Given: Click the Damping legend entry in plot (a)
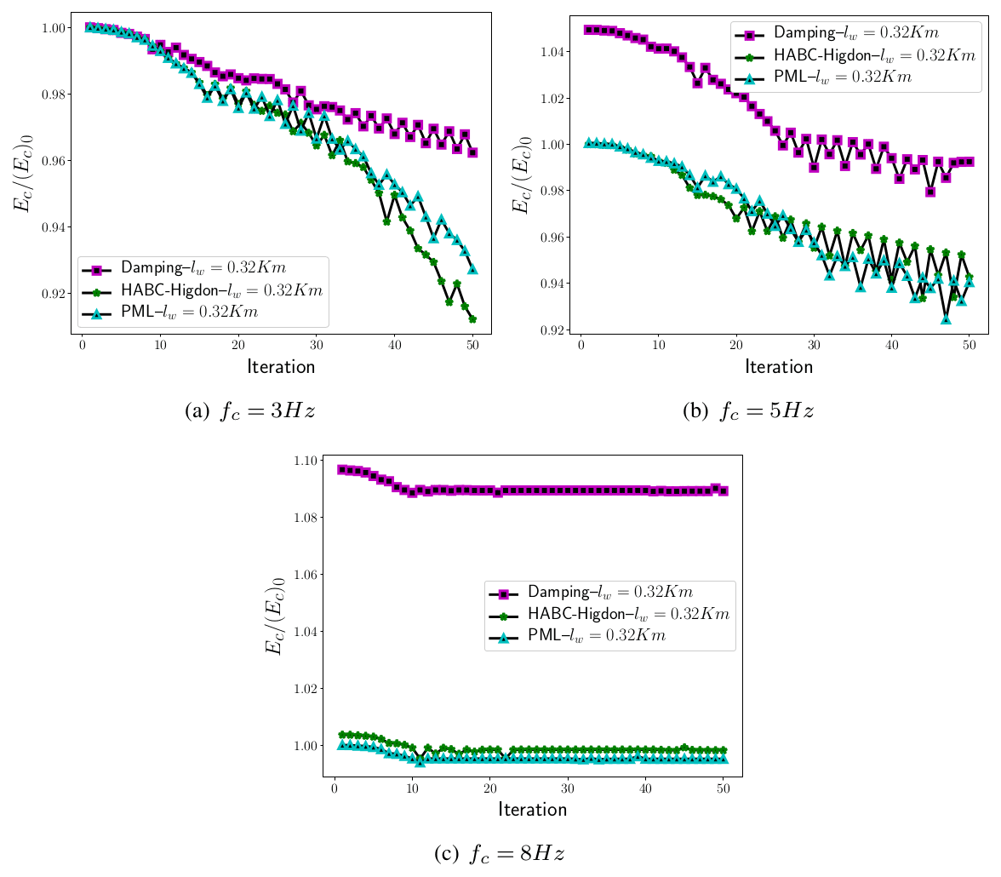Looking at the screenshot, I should pos(202,268).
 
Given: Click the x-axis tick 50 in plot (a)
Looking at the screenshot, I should pos(472,345).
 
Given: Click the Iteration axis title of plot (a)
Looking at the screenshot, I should pos(281,367).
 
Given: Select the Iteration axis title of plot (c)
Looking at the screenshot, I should pos(532,809).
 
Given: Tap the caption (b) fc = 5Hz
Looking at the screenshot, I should pos(748,411).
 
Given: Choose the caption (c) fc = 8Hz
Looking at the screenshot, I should pos(500,853).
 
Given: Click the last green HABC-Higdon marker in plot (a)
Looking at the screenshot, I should pos(472,319).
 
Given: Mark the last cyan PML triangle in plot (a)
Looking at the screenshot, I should pos(472,269).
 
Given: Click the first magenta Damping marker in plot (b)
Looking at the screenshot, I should pos(587,30).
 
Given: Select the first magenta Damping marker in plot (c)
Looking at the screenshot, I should pos(342,470).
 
